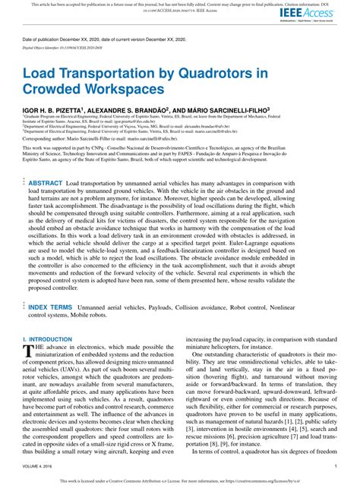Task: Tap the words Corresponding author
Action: click(45, 140)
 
